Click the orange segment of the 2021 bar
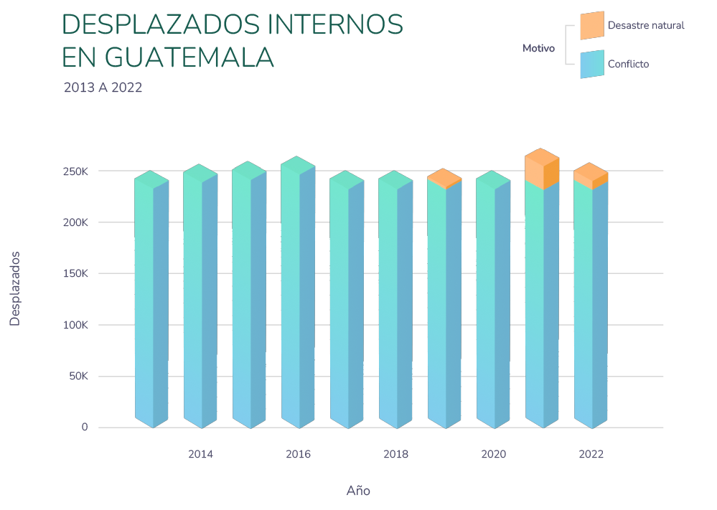[x=542, y=169]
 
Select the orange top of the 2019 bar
[x=444, y=179]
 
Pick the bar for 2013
[x=151, y=301]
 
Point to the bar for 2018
[x=395, y=301]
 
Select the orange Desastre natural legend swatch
[x=591, y=26]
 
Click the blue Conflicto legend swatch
[x=591, y=64]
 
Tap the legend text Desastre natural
[x=646, y=26]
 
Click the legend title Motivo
[x=538, y=49]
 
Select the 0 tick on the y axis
[x=85, y=428]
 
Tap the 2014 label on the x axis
[x=200, y=454]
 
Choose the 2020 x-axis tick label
[x=493, y=454]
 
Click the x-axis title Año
[x=358, y=491]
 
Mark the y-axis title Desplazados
[x=15, y=289]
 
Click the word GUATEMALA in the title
[x=189, y=57]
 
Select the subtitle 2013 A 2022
[x=103, y=88]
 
